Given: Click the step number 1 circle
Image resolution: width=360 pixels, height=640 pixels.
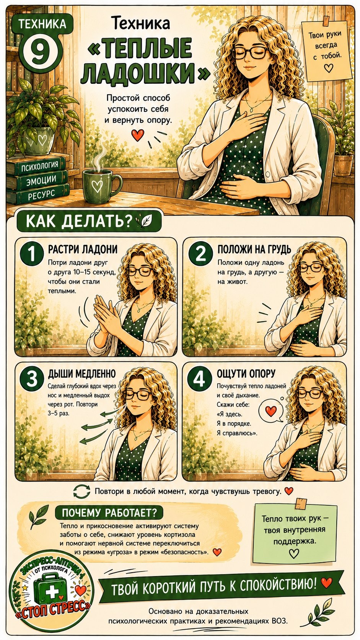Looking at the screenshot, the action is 31,254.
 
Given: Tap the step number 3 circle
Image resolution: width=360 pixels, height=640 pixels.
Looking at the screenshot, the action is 31,379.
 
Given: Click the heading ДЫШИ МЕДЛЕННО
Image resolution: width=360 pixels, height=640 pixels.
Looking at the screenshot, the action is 82,374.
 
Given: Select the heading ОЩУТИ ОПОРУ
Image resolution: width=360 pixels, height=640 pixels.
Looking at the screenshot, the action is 246,374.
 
